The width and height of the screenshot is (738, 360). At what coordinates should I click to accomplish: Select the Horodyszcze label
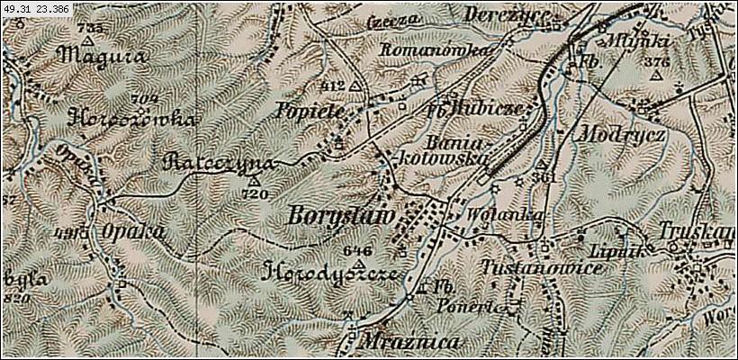[x=331, y=273]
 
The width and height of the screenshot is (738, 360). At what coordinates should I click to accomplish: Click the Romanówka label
[x=436, y=50]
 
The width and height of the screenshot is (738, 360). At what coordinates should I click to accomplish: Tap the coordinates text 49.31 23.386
[x=36, y=8]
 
